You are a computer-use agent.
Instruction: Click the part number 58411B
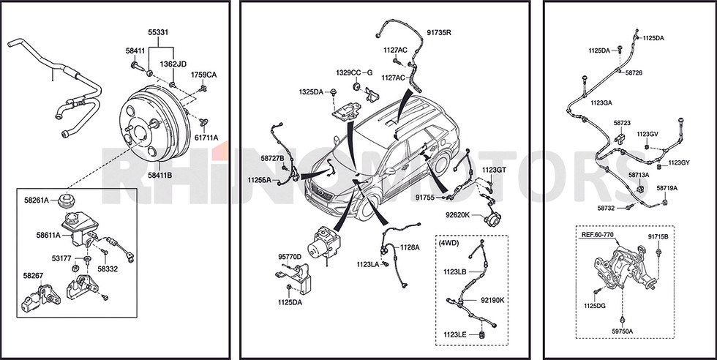click(x=159, y=174)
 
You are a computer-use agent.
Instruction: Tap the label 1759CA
click(x=204, y=75)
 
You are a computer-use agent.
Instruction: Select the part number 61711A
click(x=206, y=138)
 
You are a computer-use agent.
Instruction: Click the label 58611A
click(x=48, y=235)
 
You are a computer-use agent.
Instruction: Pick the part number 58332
click(x=108, y=269)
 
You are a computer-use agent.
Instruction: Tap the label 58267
click(x=33, y=275)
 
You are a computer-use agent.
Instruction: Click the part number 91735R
click(x=439, y=32)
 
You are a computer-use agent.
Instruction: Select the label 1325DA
click(x=311, y=92)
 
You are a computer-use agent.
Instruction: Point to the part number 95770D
click(x=290, y=257)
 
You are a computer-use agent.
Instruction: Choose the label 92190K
click(x=492, y=300)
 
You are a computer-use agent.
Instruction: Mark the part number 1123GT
click(x=494, y=170)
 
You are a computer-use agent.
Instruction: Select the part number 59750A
click(x=623, y=331)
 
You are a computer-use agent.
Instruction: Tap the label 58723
click(x=622, y=123)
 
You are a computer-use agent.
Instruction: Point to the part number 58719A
click(x=667, y=188)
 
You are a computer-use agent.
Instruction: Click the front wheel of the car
click(x=367, y=208)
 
